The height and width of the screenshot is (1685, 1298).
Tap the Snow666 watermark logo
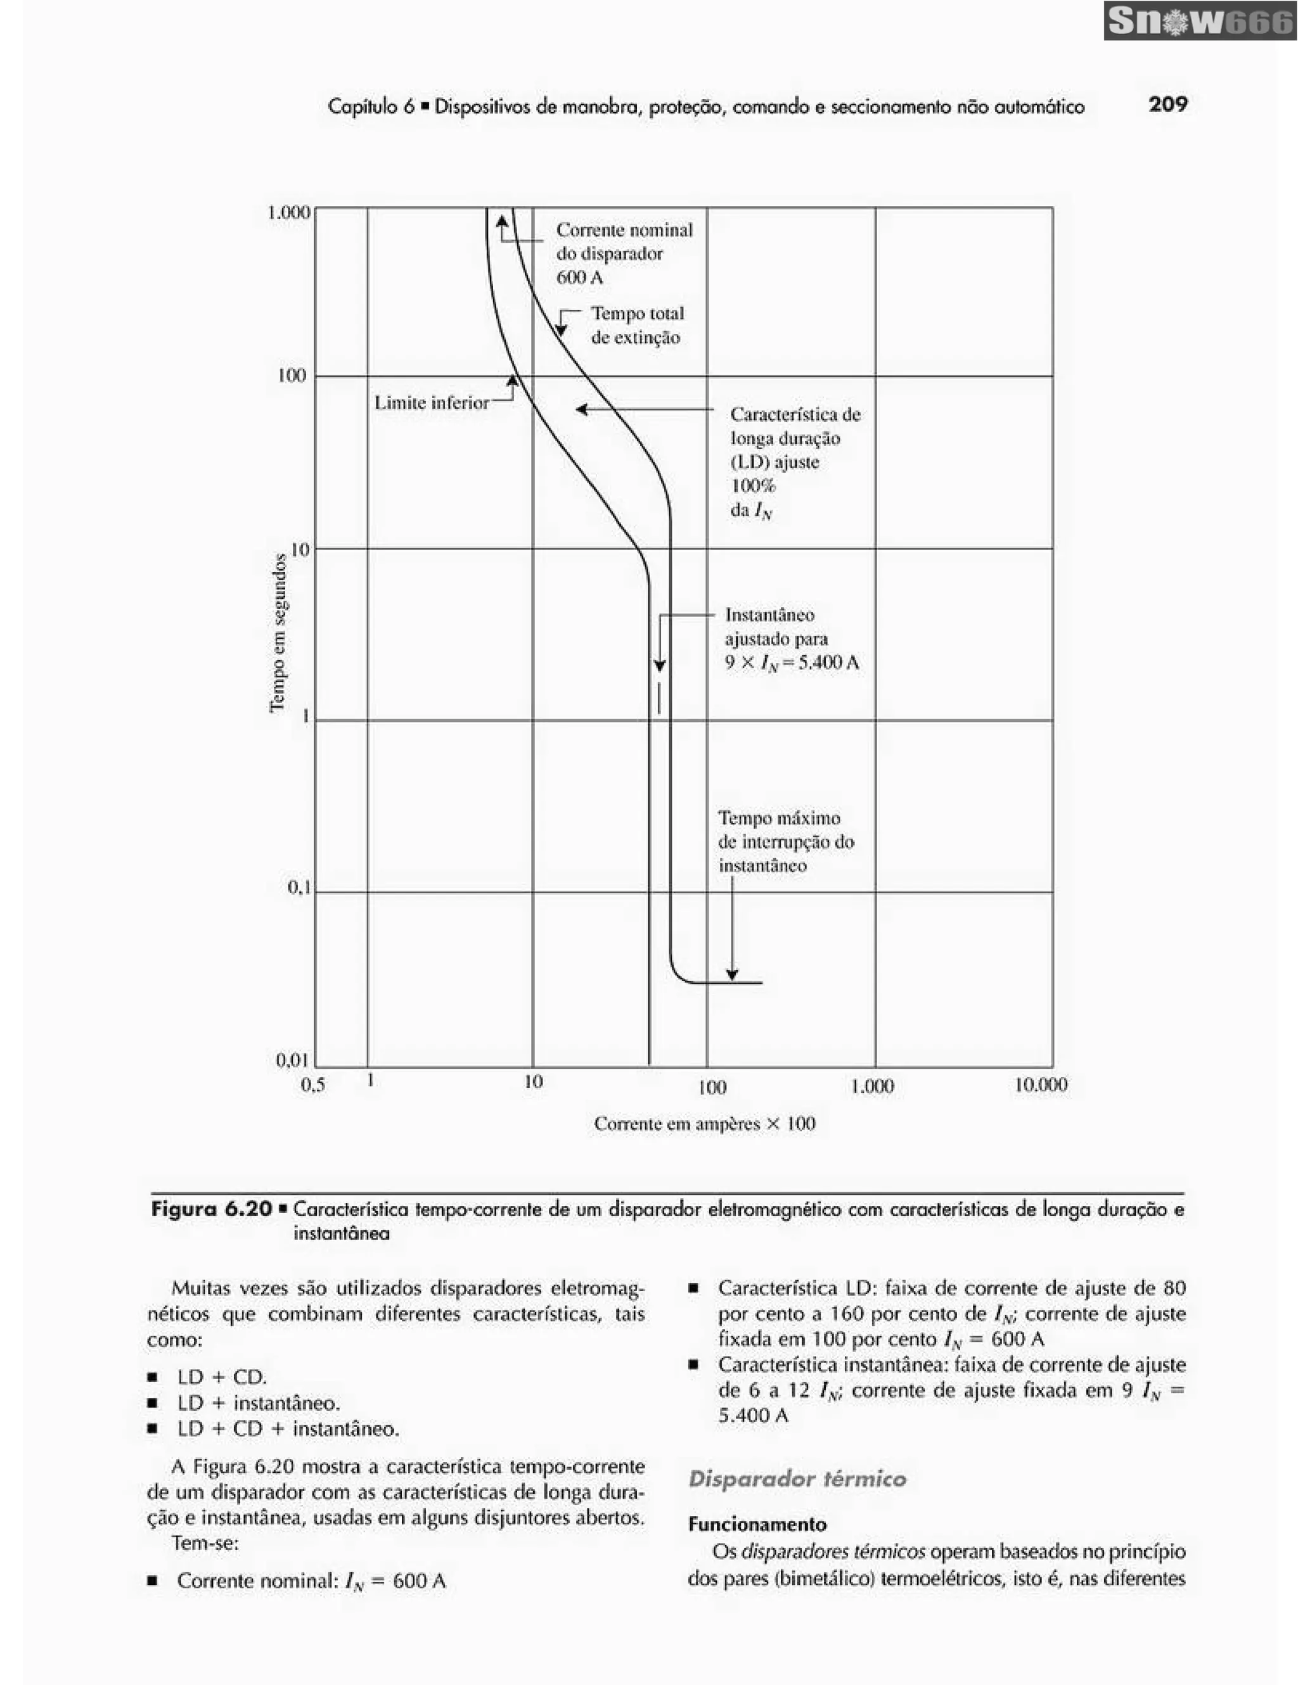1199,21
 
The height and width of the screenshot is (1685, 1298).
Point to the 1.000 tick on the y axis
288,212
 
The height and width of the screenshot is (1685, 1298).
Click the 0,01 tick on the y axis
292,1060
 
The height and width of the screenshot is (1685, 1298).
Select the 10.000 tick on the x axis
1040,1084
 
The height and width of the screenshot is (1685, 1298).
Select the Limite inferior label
432,403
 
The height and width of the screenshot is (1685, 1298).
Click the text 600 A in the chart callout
579,277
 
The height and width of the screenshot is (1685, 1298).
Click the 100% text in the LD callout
752,485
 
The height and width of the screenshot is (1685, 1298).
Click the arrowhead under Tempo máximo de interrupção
731,975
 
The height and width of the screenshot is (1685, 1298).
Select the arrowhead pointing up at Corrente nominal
503,222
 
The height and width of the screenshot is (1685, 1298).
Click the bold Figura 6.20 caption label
212,1209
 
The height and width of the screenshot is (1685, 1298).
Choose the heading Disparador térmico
797,1479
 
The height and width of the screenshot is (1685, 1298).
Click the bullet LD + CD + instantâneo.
288,1429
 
